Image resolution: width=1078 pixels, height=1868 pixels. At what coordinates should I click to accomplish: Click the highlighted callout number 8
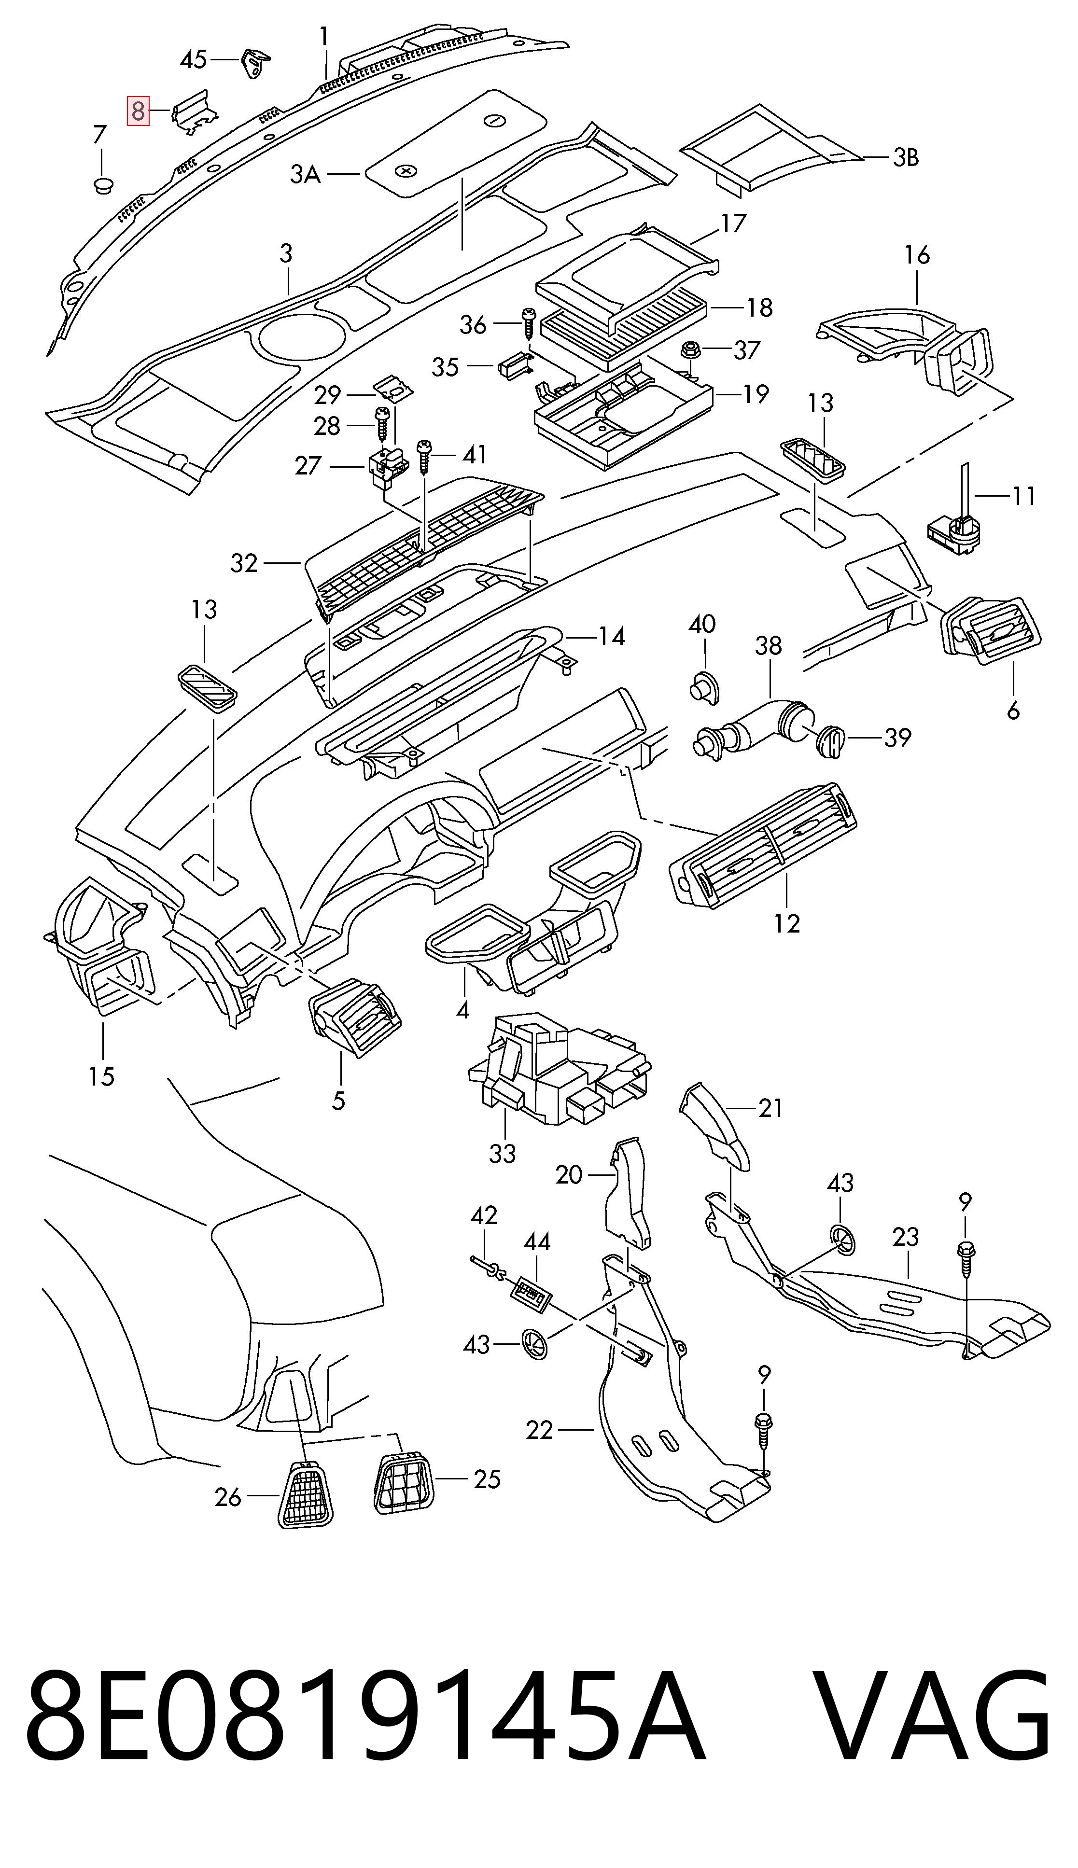point(138,112)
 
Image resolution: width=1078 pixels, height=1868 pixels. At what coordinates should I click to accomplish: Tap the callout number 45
point(194,59)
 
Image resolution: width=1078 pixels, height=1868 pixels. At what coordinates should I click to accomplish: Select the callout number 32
point(244,564)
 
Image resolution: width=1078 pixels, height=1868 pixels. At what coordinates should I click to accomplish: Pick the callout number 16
point(917,255)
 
